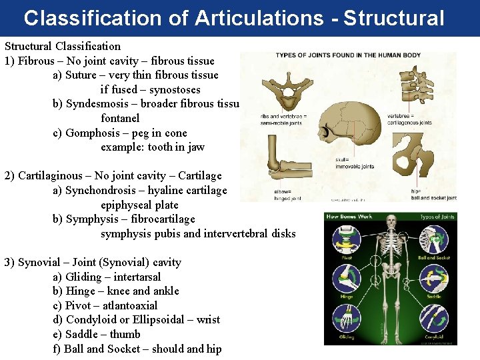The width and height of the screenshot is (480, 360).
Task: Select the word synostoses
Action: [x=175, y=89]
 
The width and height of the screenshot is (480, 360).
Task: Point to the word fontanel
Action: [x=120, y=118]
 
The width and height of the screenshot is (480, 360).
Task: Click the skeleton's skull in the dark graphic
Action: [x=391, y=230]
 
